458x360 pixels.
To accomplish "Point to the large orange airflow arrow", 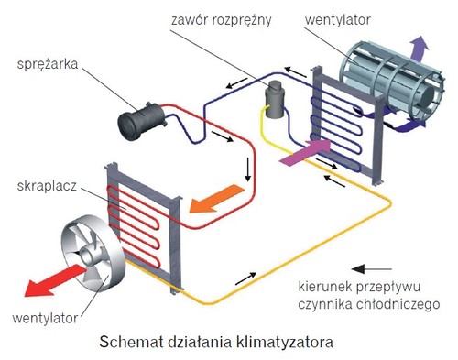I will coord(221,196).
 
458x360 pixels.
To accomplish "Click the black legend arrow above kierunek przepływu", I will coord(377,267).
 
